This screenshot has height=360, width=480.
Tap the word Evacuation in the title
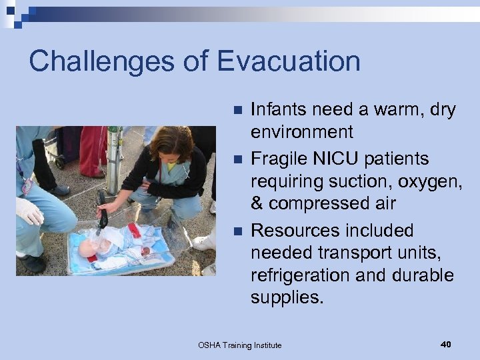(288, 61)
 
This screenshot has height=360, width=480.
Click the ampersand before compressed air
(258, 203)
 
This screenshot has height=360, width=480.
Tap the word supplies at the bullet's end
(287, 297)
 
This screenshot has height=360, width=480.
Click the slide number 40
(446, 344)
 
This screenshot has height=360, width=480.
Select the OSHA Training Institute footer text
(240, 345)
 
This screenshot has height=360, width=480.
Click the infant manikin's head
(88, 249)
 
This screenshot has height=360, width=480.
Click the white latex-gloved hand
(29, 212)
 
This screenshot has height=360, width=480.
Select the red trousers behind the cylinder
(93, 150)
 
